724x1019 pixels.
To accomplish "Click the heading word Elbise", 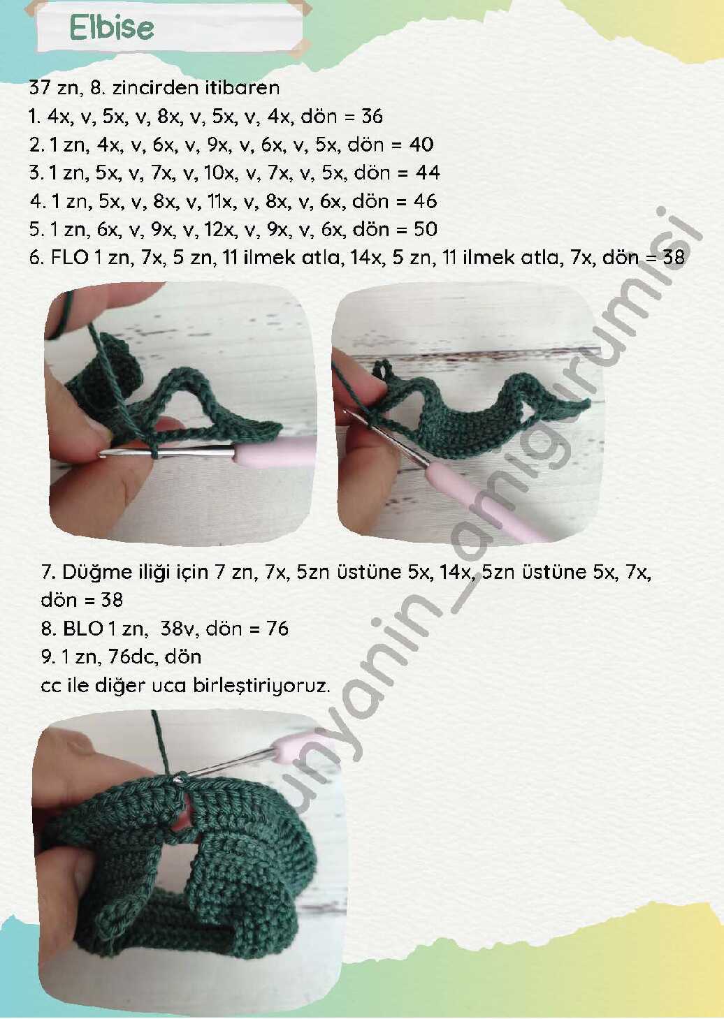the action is pyautogui.click(x=112, y=28).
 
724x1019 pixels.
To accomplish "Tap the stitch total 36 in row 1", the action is pyautogui.click(x=372, y=116).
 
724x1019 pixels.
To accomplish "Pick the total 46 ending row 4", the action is pyautogui.click(x=425, y=201).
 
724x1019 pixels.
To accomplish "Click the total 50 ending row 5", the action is pyautogui.click(x=425, y=229).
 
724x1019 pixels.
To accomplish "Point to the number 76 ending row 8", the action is pyautogui.click(x=277, y=629).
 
